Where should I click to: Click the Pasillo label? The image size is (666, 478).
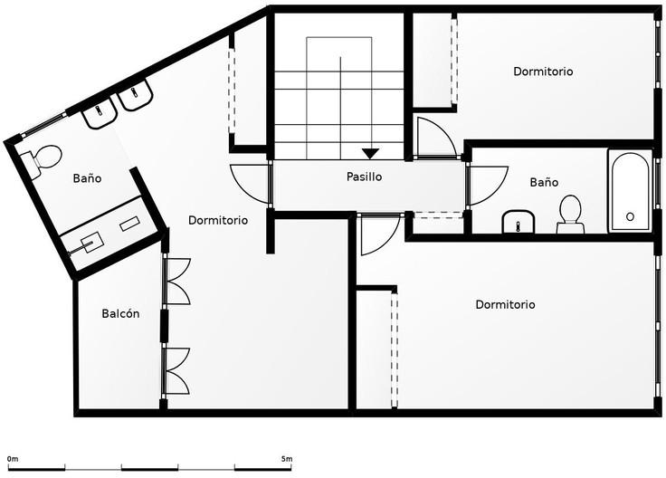pyautogui.click(x=364, y=177)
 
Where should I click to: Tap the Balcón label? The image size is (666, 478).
pyautogui.click(x=120, y=313)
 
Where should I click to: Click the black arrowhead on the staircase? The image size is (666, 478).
pyautogui.click(x=370, y=153)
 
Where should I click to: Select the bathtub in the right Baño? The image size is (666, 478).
pyautogui.click(x=630, y=190)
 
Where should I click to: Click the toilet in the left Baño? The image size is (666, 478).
pyautogui.click(x=42, y=161)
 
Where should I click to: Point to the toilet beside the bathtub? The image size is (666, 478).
pyautogui.click(x=570, y=215)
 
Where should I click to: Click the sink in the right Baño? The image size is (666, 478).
pyautogui.click(x=519, y=222)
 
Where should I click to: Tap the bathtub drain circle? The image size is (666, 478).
pyautogui.click(x=630, y=216)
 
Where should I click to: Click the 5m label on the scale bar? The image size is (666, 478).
pyautogui.click(x=287, y=459)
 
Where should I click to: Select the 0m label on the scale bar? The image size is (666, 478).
pyautogui.click(x=13, y=459)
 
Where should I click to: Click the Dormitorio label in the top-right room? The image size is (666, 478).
pyautogui.click(x=543, y=71)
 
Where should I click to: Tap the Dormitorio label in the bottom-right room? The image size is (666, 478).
pyautogui.click(x=505, y=304)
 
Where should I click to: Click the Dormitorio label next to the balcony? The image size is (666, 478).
pyautogui.click(x=218, y=220)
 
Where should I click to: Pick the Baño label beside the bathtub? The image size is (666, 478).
pyautogui.click(x=544, y=182)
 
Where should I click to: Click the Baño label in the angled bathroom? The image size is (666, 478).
pyautogui.click(x=87, y=177)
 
